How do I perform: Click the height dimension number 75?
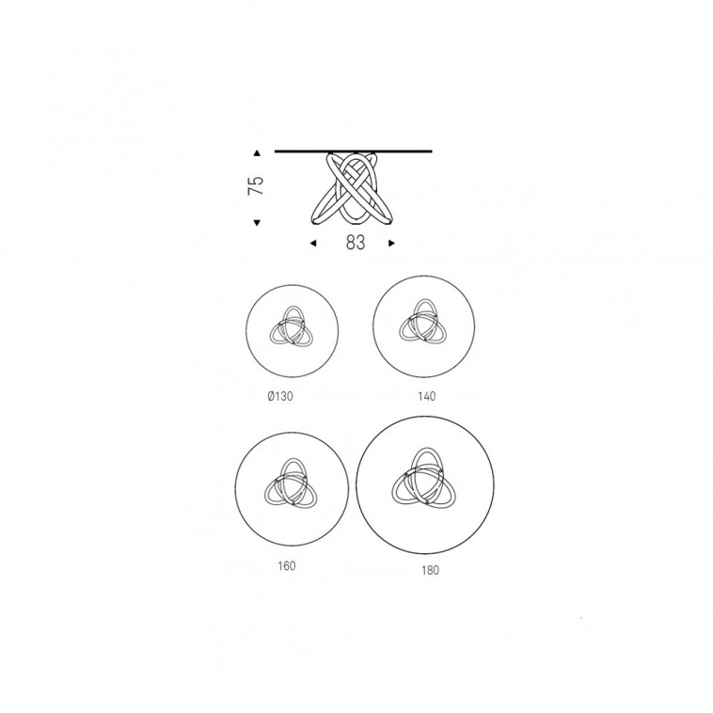[256, 185]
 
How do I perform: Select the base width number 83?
[356, 243]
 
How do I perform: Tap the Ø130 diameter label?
[280, 397]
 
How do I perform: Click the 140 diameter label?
[426, 397]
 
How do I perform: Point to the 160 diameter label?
[287, 566]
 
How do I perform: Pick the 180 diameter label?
[430, 570]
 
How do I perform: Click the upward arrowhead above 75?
[257, 153]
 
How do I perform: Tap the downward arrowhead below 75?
[257, 222]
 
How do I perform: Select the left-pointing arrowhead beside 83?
[313, 244]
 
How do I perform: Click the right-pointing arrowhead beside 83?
[391, 244]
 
